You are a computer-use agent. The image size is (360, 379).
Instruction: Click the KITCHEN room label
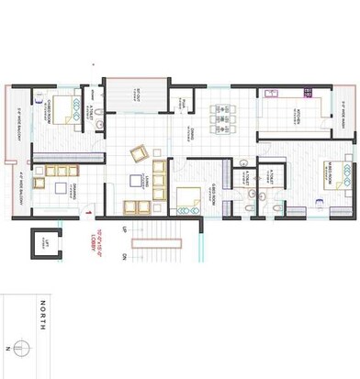(x=298, y=117)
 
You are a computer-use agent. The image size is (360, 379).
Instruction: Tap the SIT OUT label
(x=137, y=96)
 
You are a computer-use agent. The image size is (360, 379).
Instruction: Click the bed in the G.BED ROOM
(x=190, y=197)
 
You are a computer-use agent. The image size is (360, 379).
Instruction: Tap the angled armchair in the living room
(x=140, y=151)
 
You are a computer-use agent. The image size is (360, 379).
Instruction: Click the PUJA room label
(x=184, y=103)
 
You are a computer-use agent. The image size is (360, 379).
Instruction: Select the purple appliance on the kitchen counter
(x=271, y=94)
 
